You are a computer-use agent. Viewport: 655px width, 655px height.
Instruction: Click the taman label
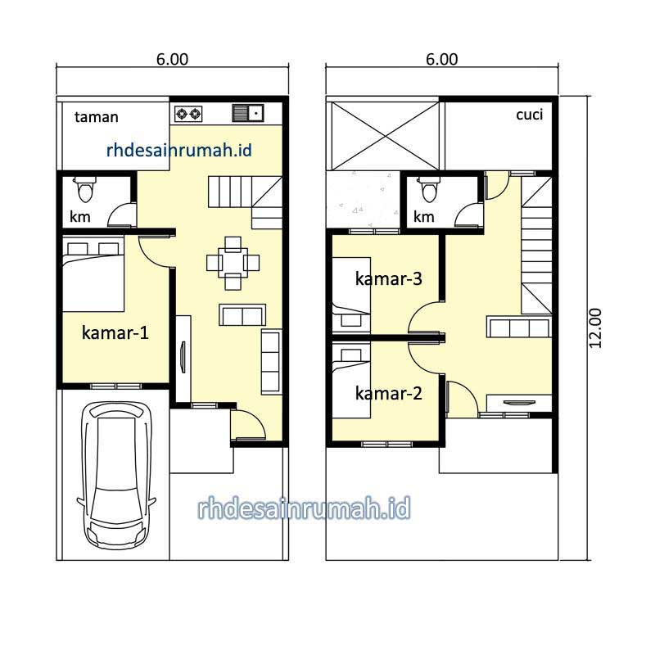pos(97,117)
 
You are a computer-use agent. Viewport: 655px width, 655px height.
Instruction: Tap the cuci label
pos(529,115)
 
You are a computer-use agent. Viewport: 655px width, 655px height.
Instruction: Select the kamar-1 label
pos(115,333)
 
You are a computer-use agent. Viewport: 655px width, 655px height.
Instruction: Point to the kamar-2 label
pos(388,393)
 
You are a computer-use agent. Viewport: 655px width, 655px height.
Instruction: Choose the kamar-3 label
pos(388,278)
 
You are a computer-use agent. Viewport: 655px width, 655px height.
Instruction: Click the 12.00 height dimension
pos(594,328)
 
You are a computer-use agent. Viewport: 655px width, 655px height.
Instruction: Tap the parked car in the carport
pos(116,476)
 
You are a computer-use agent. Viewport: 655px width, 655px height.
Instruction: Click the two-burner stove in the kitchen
pos(188,114)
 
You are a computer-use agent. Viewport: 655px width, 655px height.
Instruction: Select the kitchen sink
pos(248,113)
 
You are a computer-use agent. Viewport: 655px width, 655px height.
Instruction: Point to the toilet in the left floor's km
pos(85,189)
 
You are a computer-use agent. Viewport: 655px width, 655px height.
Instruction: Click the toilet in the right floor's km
pos(428,189)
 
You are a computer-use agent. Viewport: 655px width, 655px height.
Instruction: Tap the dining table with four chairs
pos(233,263)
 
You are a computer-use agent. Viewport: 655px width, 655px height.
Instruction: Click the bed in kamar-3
pos(351,291)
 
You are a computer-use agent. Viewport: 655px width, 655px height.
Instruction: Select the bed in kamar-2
pos(351,383)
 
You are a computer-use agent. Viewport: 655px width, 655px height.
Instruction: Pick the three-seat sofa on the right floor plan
pos(519,328)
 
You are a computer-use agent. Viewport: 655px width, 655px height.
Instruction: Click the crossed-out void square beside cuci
pos(385,136)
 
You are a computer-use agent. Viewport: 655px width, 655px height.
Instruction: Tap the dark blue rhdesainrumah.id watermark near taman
pos(179,150)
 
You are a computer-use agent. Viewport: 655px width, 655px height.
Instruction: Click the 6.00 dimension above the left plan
pos(172,59)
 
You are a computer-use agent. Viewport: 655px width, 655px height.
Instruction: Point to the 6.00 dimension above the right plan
pos(442,59)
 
